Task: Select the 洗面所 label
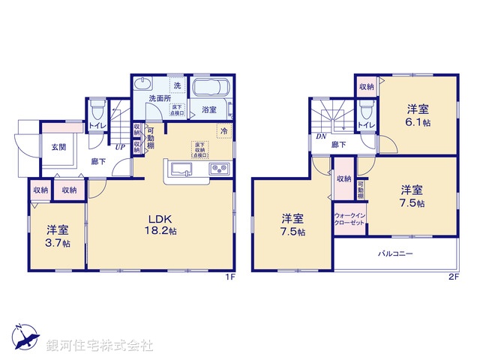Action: tap(157, 98)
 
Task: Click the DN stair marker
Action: tap(320, 136)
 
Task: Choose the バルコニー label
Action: tap(395, 254)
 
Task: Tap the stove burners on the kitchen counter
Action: tap(218, 167)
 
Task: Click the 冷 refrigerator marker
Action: tap(223, 131)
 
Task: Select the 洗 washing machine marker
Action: tap(177, 84)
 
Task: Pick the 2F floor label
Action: tap(453, 277)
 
